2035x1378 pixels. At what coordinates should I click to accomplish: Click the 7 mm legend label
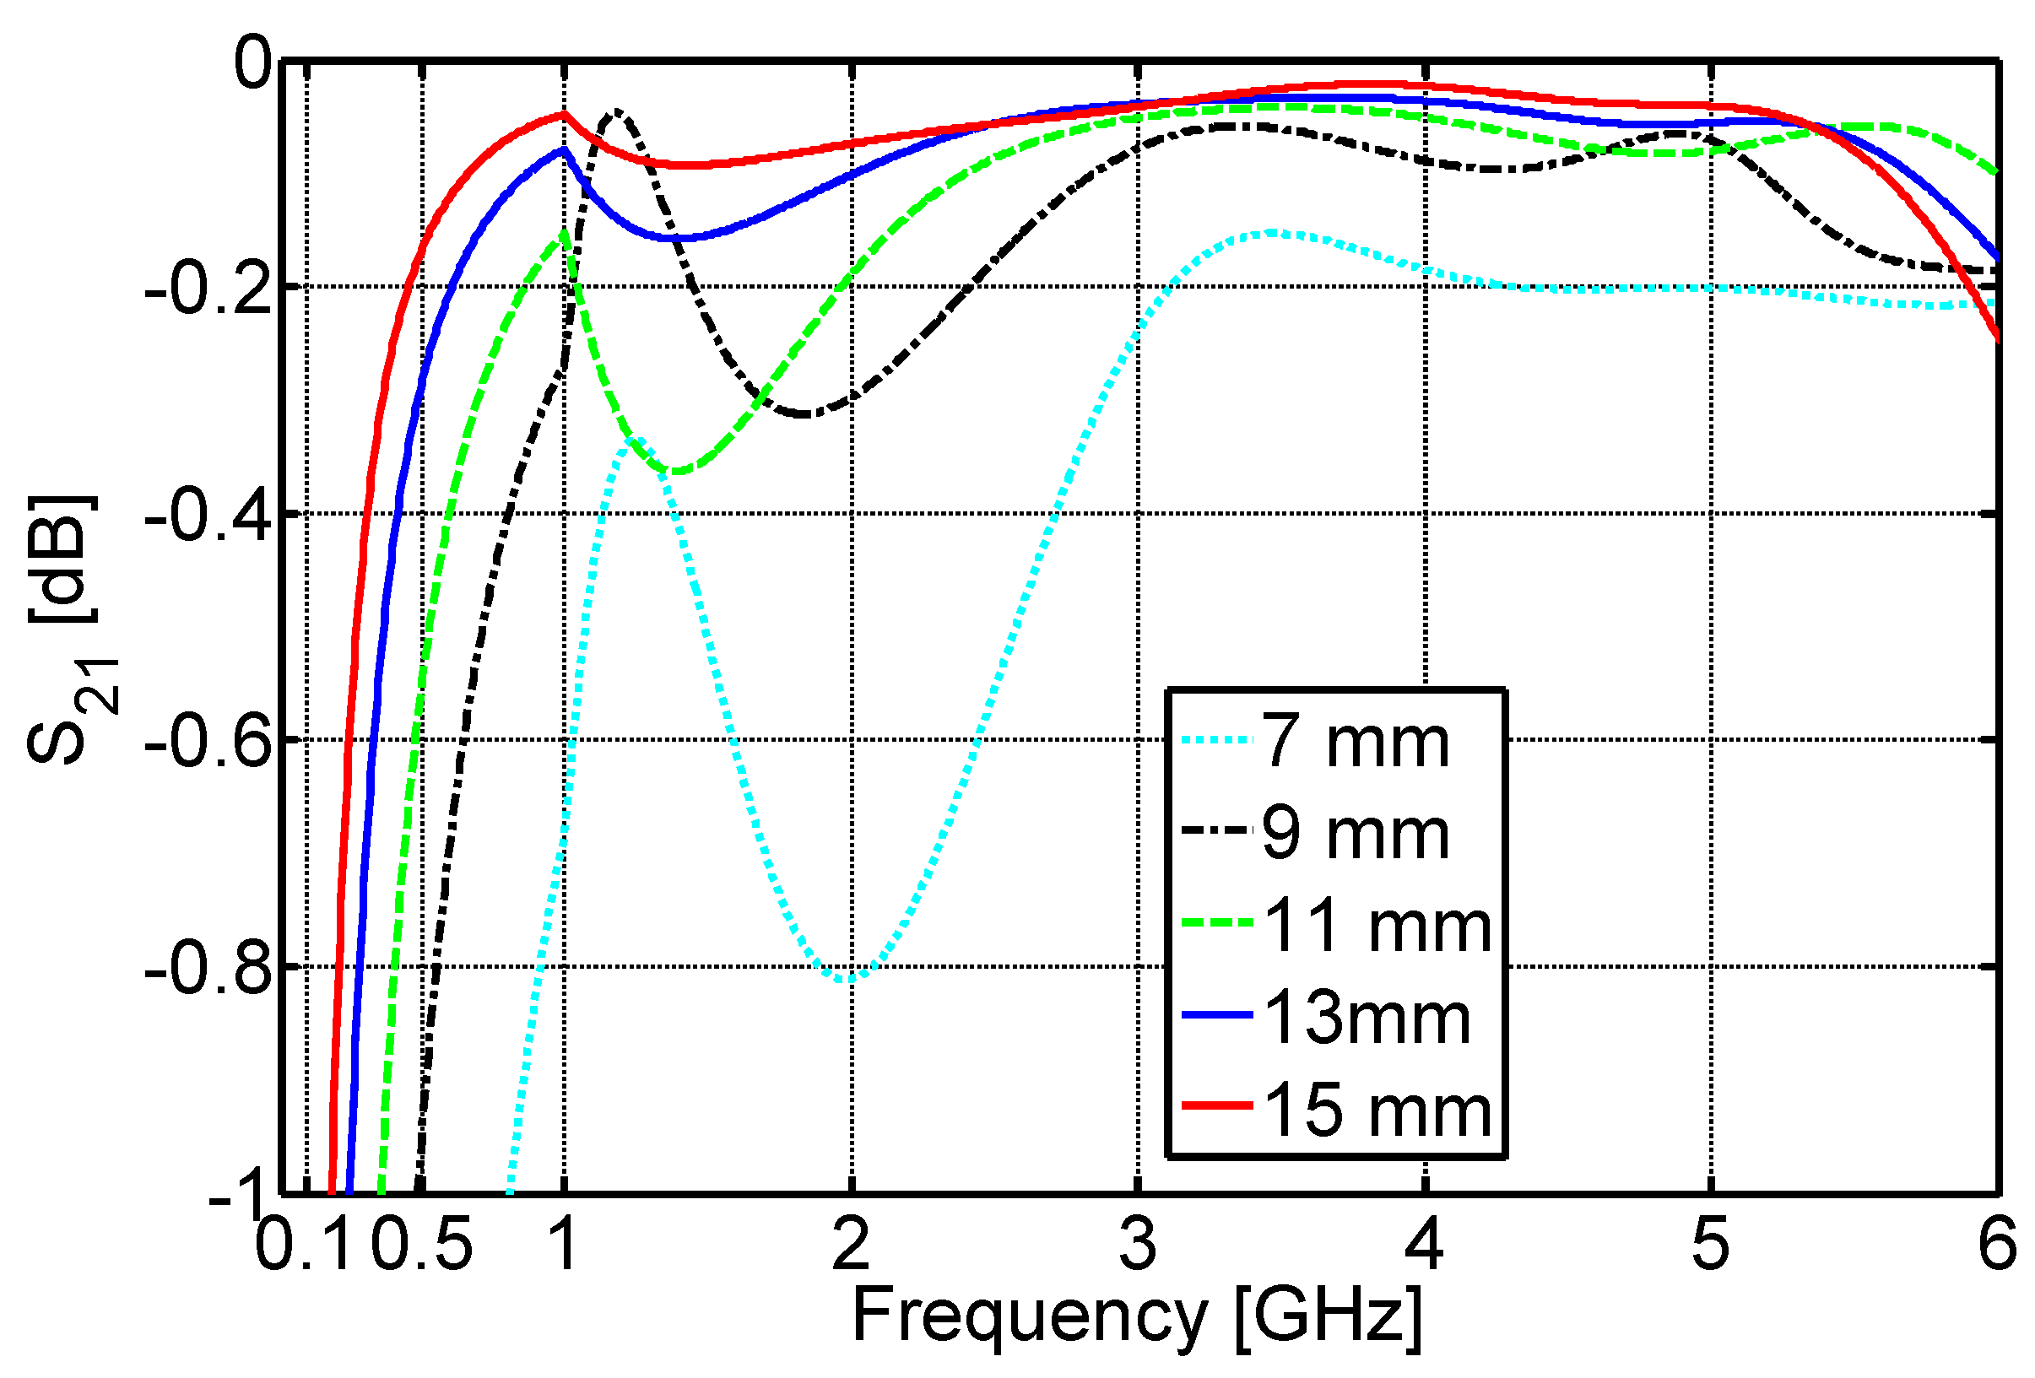[1355, 743]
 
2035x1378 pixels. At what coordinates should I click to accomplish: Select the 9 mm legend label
[1355, 835]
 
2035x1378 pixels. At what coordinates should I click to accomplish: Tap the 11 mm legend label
[1376, 927]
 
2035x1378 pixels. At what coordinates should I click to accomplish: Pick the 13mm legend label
[1366, 1019]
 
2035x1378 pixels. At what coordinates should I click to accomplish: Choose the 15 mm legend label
[1376, 1111]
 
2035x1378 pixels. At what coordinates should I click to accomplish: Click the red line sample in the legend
[1216, 1105]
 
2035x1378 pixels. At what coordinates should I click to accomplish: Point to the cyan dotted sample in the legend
[1216, 740]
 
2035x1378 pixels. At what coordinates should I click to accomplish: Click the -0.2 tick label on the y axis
[208, 289]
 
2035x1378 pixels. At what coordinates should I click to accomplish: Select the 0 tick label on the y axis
[254, 63]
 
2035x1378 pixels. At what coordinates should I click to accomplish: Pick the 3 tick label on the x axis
[1138, 1244]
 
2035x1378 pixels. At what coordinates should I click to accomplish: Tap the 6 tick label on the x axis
[1997, 1244]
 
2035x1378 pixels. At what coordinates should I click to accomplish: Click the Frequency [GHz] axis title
[1137, 1316]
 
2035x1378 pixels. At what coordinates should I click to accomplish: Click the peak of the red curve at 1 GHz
[565, 114]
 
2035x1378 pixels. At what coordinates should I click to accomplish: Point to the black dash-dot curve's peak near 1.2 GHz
[618, 111]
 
